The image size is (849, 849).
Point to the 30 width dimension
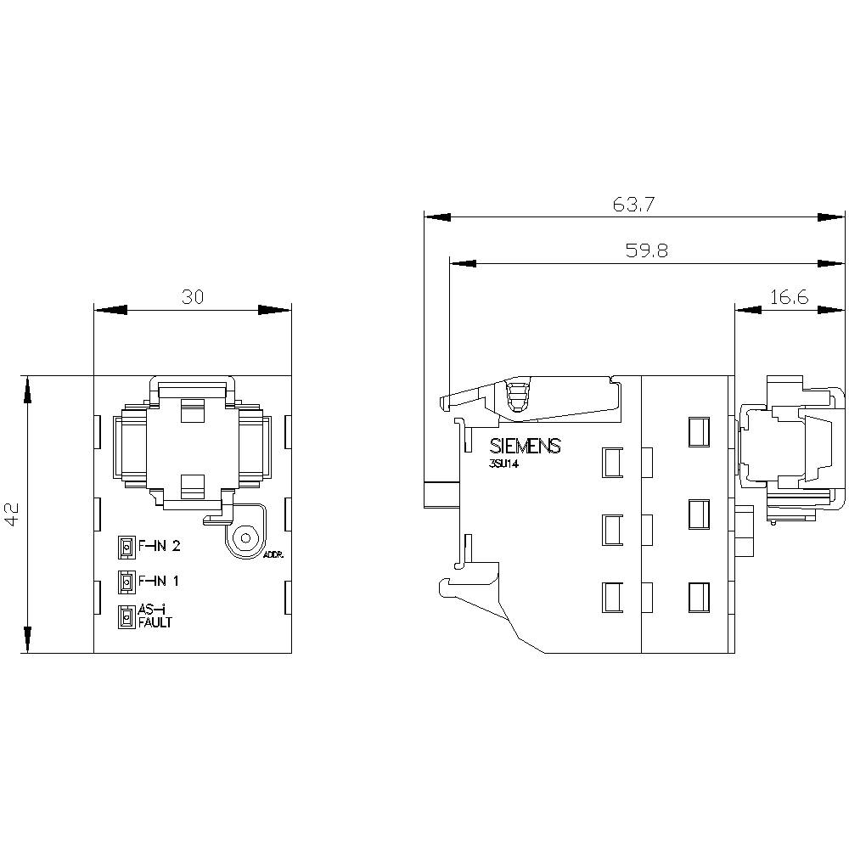192,296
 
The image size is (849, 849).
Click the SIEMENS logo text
526,447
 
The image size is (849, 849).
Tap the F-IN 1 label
159,582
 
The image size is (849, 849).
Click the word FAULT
155,622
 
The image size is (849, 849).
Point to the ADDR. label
274,554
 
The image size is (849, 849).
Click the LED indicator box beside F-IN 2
126,548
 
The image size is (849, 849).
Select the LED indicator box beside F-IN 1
126,582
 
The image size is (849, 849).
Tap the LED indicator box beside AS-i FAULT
126,617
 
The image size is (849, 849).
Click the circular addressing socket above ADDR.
246,538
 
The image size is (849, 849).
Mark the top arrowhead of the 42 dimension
28,391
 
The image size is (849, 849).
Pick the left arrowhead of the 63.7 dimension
437,218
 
